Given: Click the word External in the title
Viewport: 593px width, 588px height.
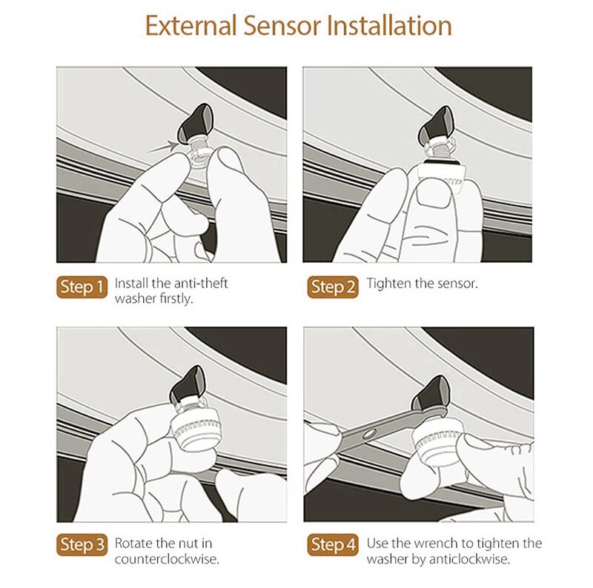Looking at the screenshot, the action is pos(191,26).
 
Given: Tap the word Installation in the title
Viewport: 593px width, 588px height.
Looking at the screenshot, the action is pos(389,26).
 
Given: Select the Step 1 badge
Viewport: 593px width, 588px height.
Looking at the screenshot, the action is pos(82,287).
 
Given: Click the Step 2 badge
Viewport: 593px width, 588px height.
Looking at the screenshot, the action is pos(333,287).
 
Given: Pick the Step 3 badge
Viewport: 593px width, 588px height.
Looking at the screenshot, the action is pos(82,544).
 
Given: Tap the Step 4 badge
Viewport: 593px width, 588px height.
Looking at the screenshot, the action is pos(333,544).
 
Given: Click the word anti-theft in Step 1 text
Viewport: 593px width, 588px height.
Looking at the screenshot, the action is pos(201,283).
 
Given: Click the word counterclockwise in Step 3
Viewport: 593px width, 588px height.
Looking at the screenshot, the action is pos(167,559).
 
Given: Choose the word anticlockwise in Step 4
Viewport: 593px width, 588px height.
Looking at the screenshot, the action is pos(468,559).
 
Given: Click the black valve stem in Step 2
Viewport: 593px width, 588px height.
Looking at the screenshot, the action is pos(436,127).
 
